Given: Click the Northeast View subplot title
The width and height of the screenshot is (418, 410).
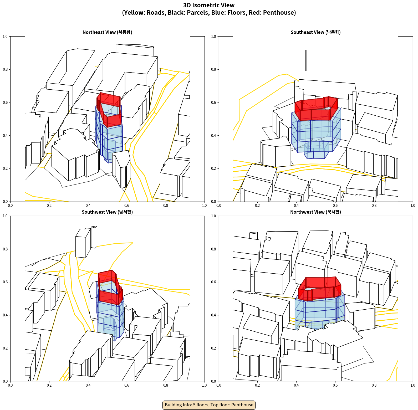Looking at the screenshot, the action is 107,32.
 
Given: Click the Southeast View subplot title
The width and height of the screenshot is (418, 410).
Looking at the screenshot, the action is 315,32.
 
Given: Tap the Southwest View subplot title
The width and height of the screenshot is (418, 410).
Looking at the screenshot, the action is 107,212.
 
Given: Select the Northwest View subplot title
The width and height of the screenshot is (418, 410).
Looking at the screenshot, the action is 315,212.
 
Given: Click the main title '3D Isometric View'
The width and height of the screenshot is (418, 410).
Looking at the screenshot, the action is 209,5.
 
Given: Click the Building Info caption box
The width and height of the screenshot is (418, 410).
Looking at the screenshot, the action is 209,405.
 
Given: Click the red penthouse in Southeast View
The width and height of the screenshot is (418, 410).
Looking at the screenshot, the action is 316,108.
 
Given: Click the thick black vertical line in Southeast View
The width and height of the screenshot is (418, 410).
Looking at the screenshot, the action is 306,60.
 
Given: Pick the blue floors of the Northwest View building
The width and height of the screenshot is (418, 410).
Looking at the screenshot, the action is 319,313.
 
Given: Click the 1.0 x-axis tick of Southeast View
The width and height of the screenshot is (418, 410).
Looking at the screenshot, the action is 413,206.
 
